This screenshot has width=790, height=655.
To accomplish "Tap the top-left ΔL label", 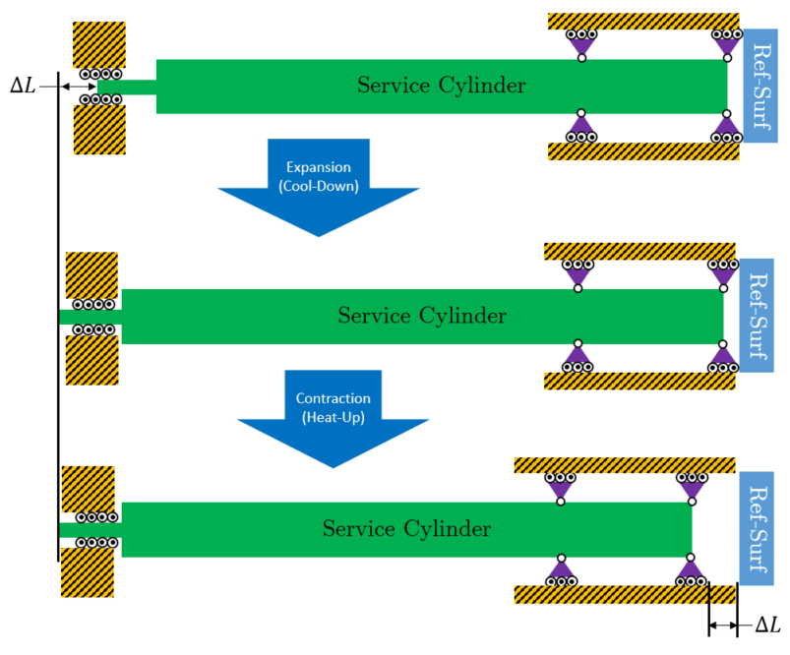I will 23,87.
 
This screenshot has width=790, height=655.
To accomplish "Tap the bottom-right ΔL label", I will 766,625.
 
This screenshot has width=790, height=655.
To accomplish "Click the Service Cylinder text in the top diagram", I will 441,86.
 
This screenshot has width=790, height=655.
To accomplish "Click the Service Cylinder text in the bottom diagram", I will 406,529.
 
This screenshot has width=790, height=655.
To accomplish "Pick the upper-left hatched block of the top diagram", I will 99,44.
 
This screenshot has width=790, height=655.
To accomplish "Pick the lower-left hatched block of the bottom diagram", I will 87,572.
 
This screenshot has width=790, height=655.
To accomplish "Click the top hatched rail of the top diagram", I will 643,21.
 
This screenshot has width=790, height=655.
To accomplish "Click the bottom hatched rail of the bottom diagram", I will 626,594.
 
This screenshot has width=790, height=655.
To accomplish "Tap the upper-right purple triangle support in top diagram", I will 727,43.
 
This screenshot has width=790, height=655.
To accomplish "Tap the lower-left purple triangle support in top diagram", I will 581,128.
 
